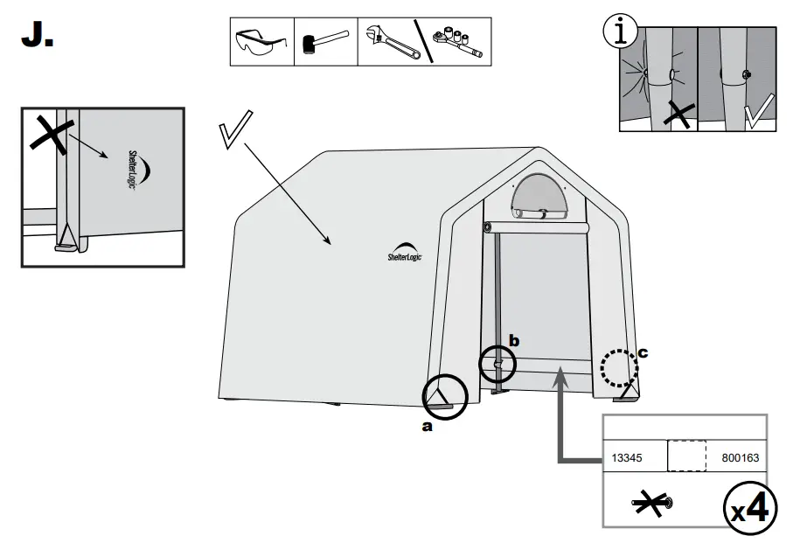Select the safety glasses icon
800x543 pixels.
261,41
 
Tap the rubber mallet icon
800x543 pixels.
324,41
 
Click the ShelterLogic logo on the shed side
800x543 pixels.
403,253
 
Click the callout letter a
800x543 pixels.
427,427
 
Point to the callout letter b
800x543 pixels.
514,341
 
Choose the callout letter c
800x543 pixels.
643,353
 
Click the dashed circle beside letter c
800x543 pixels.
619,368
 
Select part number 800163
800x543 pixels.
741,457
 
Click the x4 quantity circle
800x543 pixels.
753,507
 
